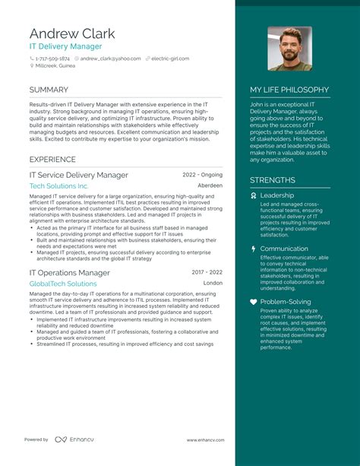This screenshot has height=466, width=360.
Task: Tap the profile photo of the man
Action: [x=289, y=49]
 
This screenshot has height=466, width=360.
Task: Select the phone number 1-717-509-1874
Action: [x=52, y=59]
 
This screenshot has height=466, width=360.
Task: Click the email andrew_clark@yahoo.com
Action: [x=110, y=59]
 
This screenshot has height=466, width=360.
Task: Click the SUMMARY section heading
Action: [x=49, y=90]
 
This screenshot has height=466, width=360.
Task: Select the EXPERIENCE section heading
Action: [x=52, y=160]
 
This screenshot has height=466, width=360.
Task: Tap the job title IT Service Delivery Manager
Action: [x=79, y=175]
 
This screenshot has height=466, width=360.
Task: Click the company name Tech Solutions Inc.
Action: [x=59, y=186]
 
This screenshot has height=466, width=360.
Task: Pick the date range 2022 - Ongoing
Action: [x=203, y=175]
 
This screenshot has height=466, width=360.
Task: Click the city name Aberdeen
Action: [x=210, y=185]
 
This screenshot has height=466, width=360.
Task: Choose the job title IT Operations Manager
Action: [x=70, y=272]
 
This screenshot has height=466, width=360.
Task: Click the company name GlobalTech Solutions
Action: [x=63, y=284]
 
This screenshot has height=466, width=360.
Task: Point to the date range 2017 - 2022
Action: [x=207, y=272]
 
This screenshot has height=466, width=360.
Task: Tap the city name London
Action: [x=213, y=283]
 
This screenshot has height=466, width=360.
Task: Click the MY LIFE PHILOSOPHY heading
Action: [x=289, y=90]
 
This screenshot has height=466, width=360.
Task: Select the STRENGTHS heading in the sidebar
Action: [x=273, y=180]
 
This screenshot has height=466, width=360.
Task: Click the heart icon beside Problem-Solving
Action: [x=254, y=302]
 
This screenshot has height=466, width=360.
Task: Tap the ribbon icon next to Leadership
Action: [x=254, y=195]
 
